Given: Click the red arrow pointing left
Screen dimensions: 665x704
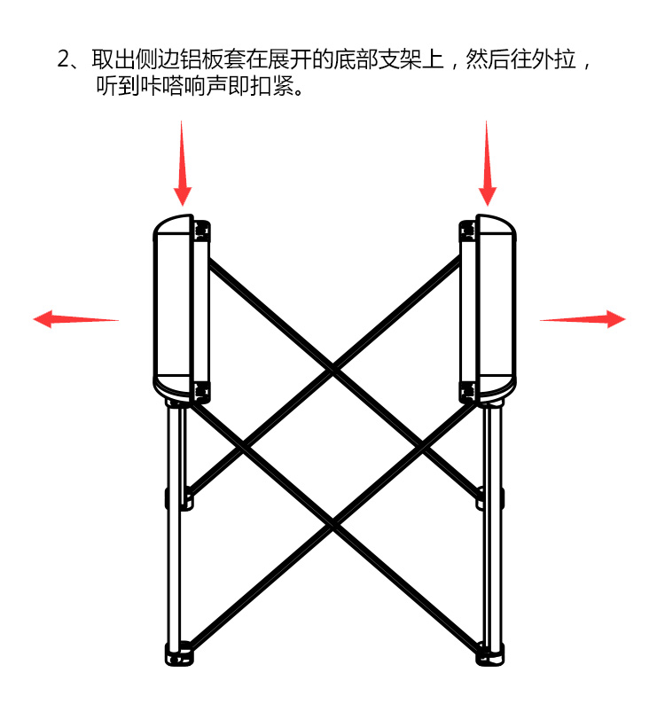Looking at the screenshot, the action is pos(75,319).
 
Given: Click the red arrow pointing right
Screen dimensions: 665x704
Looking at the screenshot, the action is pos(583,319).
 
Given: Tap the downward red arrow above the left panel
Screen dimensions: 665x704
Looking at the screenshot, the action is pos(183,163).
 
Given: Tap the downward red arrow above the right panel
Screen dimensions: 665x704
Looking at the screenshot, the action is pos(487,163).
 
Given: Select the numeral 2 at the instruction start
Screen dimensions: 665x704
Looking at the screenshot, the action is pos(64,59).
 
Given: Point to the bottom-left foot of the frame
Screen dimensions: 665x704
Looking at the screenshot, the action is pos(180,654).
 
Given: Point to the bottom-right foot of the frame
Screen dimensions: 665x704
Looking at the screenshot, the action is pos(489,654).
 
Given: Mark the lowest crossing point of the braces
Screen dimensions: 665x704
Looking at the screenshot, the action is pos(332,524).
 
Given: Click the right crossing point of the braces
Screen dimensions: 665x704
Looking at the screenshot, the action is pos(422,447).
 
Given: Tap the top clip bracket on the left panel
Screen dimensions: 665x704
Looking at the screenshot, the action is pos(201,231).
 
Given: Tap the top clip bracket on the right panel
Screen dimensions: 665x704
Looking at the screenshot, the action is pos(467,231).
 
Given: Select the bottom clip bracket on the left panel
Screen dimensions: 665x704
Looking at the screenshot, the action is pos(201,392).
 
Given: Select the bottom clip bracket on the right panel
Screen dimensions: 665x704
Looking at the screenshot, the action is pos(467,392).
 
